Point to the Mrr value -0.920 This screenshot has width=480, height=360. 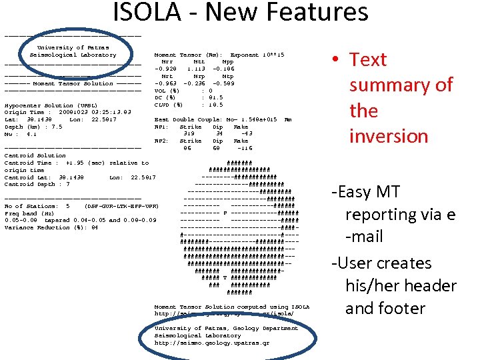click(165, 69)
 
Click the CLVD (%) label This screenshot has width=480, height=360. click(167, 105)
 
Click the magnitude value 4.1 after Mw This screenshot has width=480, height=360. click(31, 134)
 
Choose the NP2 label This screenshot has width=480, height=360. click(161, 141)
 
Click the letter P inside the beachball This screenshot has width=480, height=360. click(226, 213)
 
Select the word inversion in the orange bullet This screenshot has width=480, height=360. click(388, 136)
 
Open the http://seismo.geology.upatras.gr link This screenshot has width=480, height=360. click(212, 343)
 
